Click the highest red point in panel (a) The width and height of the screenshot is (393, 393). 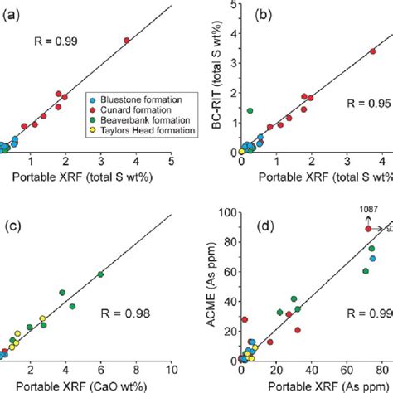coord(127,40)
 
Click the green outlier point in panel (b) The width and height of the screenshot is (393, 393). coord(250,110)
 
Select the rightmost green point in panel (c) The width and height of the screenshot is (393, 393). coord(100,274)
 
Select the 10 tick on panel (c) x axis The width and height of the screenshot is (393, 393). coord(170,370)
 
